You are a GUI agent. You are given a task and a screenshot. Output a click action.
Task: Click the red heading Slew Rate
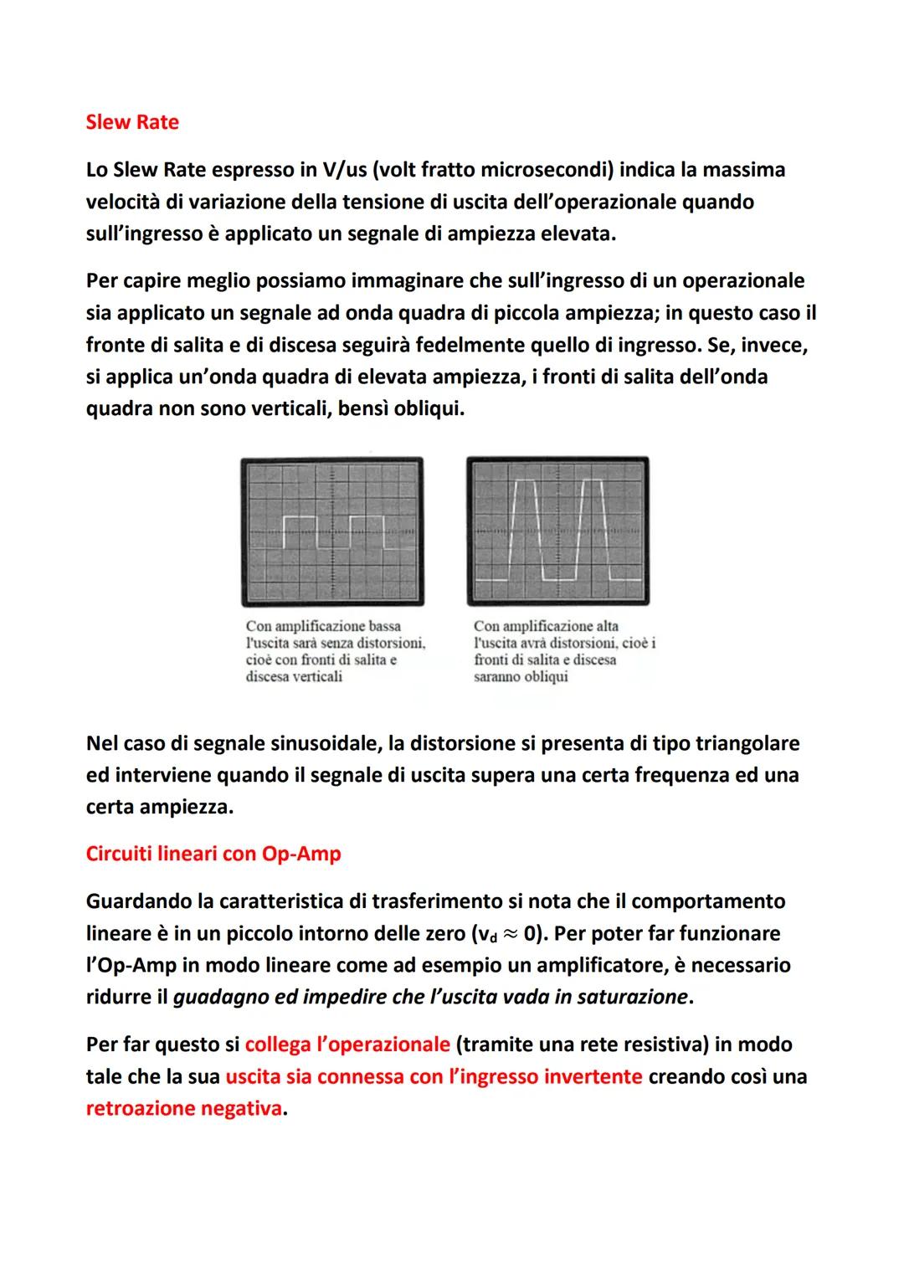[x=132, y=122]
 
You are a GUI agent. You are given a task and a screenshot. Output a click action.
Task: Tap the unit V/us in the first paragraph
[x=343, y=170]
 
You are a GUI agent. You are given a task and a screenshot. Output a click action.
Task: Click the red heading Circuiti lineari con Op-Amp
[x=213, y=854]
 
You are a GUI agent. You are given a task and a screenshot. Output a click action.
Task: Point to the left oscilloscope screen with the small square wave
[x=332, y=531]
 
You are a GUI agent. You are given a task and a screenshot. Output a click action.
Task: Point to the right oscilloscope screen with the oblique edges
[x=558, y=531]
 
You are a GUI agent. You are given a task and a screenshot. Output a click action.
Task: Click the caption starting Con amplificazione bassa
[x=335, y=650]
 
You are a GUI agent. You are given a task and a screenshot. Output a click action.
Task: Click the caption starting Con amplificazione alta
[x=563, y=650]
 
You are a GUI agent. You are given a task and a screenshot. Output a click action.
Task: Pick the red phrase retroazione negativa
[x=184, y=1109]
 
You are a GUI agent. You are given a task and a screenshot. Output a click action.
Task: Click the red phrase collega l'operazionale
[x=347, y=1044]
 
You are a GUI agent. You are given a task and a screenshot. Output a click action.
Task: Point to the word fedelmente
[x=477, y=345]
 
